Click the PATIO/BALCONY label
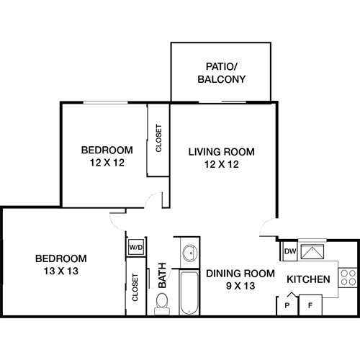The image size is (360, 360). coord(222,73)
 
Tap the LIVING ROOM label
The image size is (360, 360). coord(222,152)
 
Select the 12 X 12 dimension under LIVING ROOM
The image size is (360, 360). coord(222,164)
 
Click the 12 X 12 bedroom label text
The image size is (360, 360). coord(107,162)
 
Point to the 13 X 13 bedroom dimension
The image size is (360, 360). coord(61,271)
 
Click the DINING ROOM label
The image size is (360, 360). coord(240,273)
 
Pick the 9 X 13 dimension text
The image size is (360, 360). coord(240,285)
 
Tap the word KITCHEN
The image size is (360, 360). coord(309,279)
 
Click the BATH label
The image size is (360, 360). coord(163,274)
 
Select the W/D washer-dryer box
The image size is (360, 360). coord(135,247)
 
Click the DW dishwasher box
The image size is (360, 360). coord(289,251)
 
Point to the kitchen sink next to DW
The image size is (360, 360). coord(313,251)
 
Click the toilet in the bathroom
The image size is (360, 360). coord(162,302)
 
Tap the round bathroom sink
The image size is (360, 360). coord(189,253)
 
